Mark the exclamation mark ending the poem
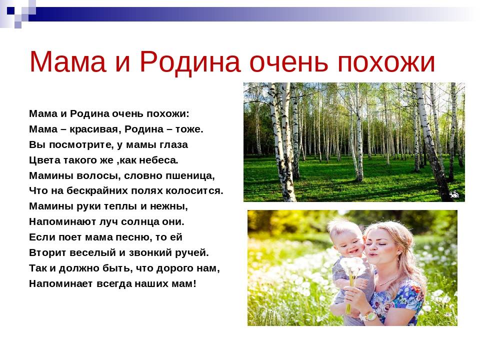tap(194, 283)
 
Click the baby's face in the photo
tap(348, 241)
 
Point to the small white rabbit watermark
tap(454, 193)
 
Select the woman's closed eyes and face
tap(379, 245)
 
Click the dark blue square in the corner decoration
tap(10, 10)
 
